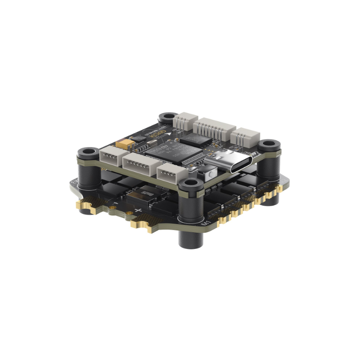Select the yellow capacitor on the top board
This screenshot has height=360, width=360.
point(125,144)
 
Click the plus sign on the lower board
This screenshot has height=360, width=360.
point(138,211)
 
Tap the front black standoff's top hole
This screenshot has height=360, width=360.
point(191,183)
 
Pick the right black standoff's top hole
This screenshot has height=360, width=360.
point(269,144)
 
